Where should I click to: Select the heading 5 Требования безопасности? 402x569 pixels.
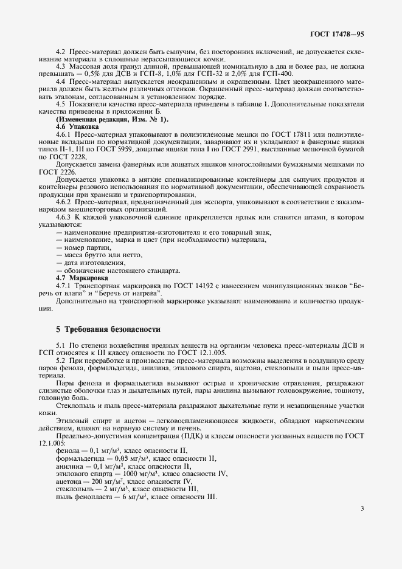tap(108, 329)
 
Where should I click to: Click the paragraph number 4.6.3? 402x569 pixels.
tap(64, 217)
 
